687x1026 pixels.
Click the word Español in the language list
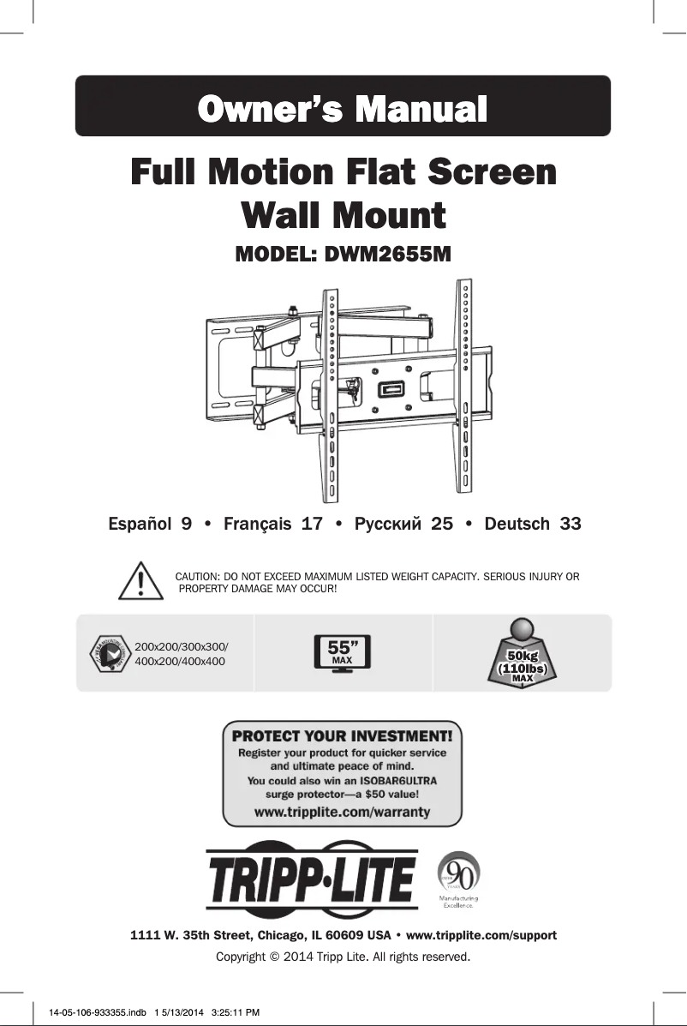point(138,524)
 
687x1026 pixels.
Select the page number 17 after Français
point(312,524)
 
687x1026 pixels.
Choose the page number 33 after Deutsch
point(570,524)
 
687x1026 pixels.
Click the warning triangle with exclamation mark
point(139,581)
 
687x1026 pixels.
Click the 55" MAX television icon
point(343,653)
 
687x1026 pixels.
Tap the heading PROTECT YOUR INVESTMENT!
point(343,735)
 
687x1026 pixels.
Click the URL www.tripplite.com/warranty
point(343,811)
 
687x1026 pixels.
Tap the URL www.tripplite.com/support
point(480,934)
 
